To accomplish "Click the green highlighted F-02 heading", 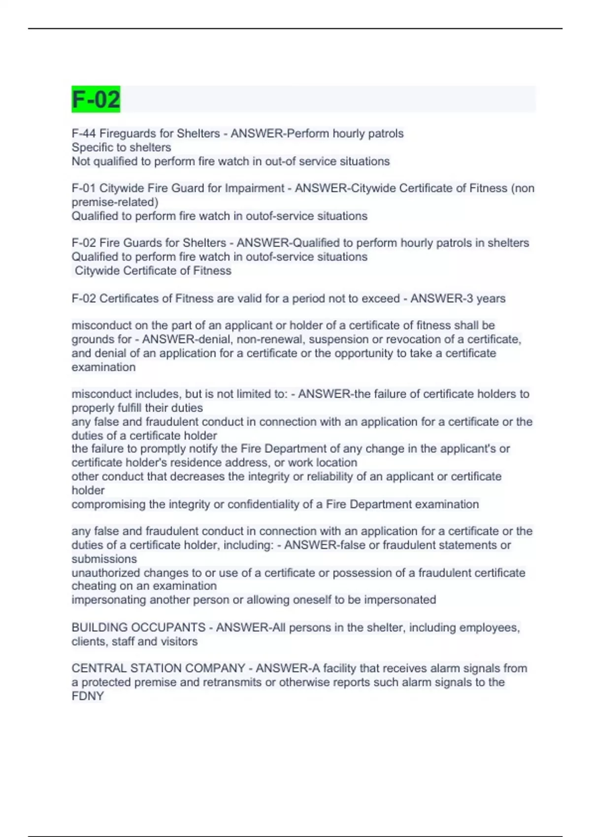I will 96,99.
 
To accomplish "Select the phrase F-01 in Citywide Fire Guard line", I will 84,188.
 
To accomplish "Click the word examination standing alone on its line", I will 103,367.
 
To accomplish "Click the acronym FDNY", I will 88,696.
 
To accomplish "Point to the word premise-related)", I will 115,202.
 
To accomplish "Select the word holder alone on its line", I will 88,490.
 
